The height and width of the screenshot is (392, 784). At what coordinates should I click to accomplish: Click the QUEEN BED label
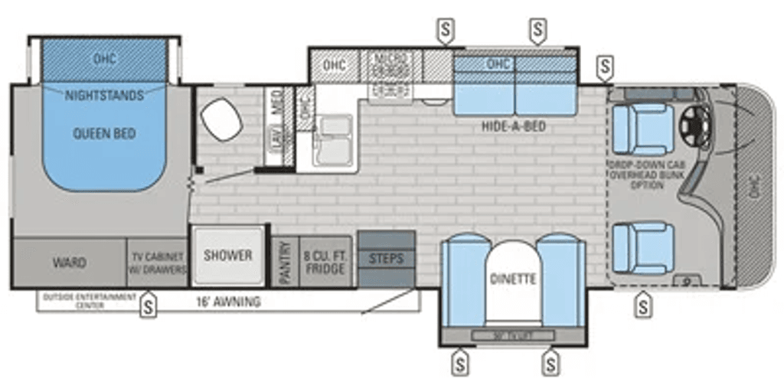pos(104,134)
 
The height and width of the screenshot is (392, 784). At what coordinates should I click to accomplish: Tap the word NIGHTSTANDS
pos(104,96)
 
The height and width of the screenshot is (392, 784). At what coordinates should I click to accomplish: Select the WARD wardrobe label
pos(69,263)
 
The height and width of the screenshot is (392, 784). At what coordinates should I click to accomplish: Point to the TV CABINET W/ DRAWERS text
pos(157,263)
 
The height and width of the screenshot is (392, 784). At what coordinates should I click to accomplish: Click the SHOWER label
pos(227,256)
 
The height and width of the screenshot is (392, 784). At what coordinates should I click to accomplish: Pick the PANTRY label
pos(285,263)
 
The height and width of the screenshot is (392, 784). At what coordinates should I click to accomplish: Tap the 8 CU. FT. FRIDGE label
pos(325,263)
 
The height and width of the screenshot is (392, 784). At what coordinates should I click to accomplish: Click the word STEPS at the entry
pos(386,259)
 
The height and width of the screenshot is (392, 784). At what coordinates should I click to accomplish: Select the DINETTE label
pos(513,279)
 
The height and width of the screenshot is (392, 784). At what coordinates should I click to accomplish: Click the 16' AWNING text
pos(234,302)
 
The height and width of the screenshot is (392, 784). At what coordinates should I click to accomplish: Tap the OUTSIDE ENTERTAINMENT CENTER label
pos(90,300)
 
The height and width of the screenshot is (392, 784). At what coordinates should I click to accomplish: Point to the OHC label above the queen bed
pos(104,58)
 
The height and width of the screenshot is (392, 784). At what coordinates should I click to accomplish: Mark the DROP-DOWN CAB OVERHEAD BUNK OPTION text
pos(642,175)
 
